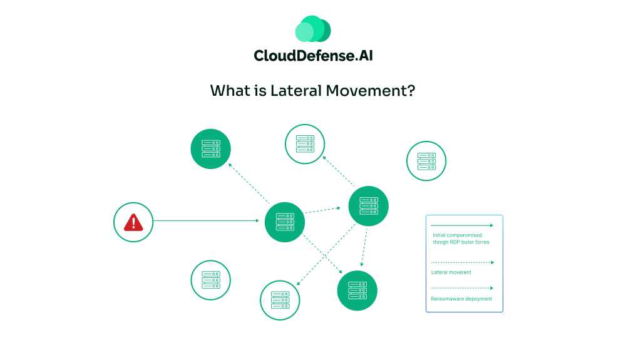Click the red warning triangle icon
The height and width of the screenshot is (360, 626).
[133, 222]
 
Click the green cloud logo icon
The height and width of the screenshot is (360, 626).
[312, 29]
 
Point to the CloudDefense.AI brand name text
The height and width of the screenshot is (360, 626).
[313, 56]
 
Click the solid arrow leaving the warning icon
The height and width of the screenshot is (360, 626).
[207, 220]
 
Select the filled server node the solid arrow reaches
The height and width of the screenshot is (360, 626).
[284, 222]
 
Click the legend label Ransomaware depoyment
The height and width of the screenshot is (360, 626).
[461, 299]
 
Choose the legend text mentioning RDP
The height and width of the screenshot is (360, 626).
[461, 241]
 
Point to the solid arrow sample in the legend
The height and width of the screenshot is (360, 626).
[463, 225]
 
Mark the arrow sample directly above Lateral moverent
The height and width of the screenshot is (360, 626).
[463, 262]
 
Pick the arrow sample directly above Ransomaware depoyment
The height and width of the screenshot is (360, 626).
[463, 288]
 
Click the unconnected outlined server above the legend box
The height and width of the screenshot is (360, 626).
[426, 161]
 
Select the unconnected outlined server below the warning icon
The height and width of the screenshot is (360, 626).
[210, 280]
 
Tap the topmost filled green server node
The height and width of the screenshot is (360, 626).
[210, 149]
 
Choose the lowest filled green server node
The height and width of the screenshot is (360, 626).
[357, 291]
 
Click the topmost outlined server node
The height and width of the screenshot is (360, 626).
[305, 144]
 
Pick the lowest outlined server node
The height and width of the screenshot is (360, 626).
[280, 300]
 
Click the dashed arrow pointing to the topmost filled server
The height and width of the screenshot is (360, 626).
[249, 183]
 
